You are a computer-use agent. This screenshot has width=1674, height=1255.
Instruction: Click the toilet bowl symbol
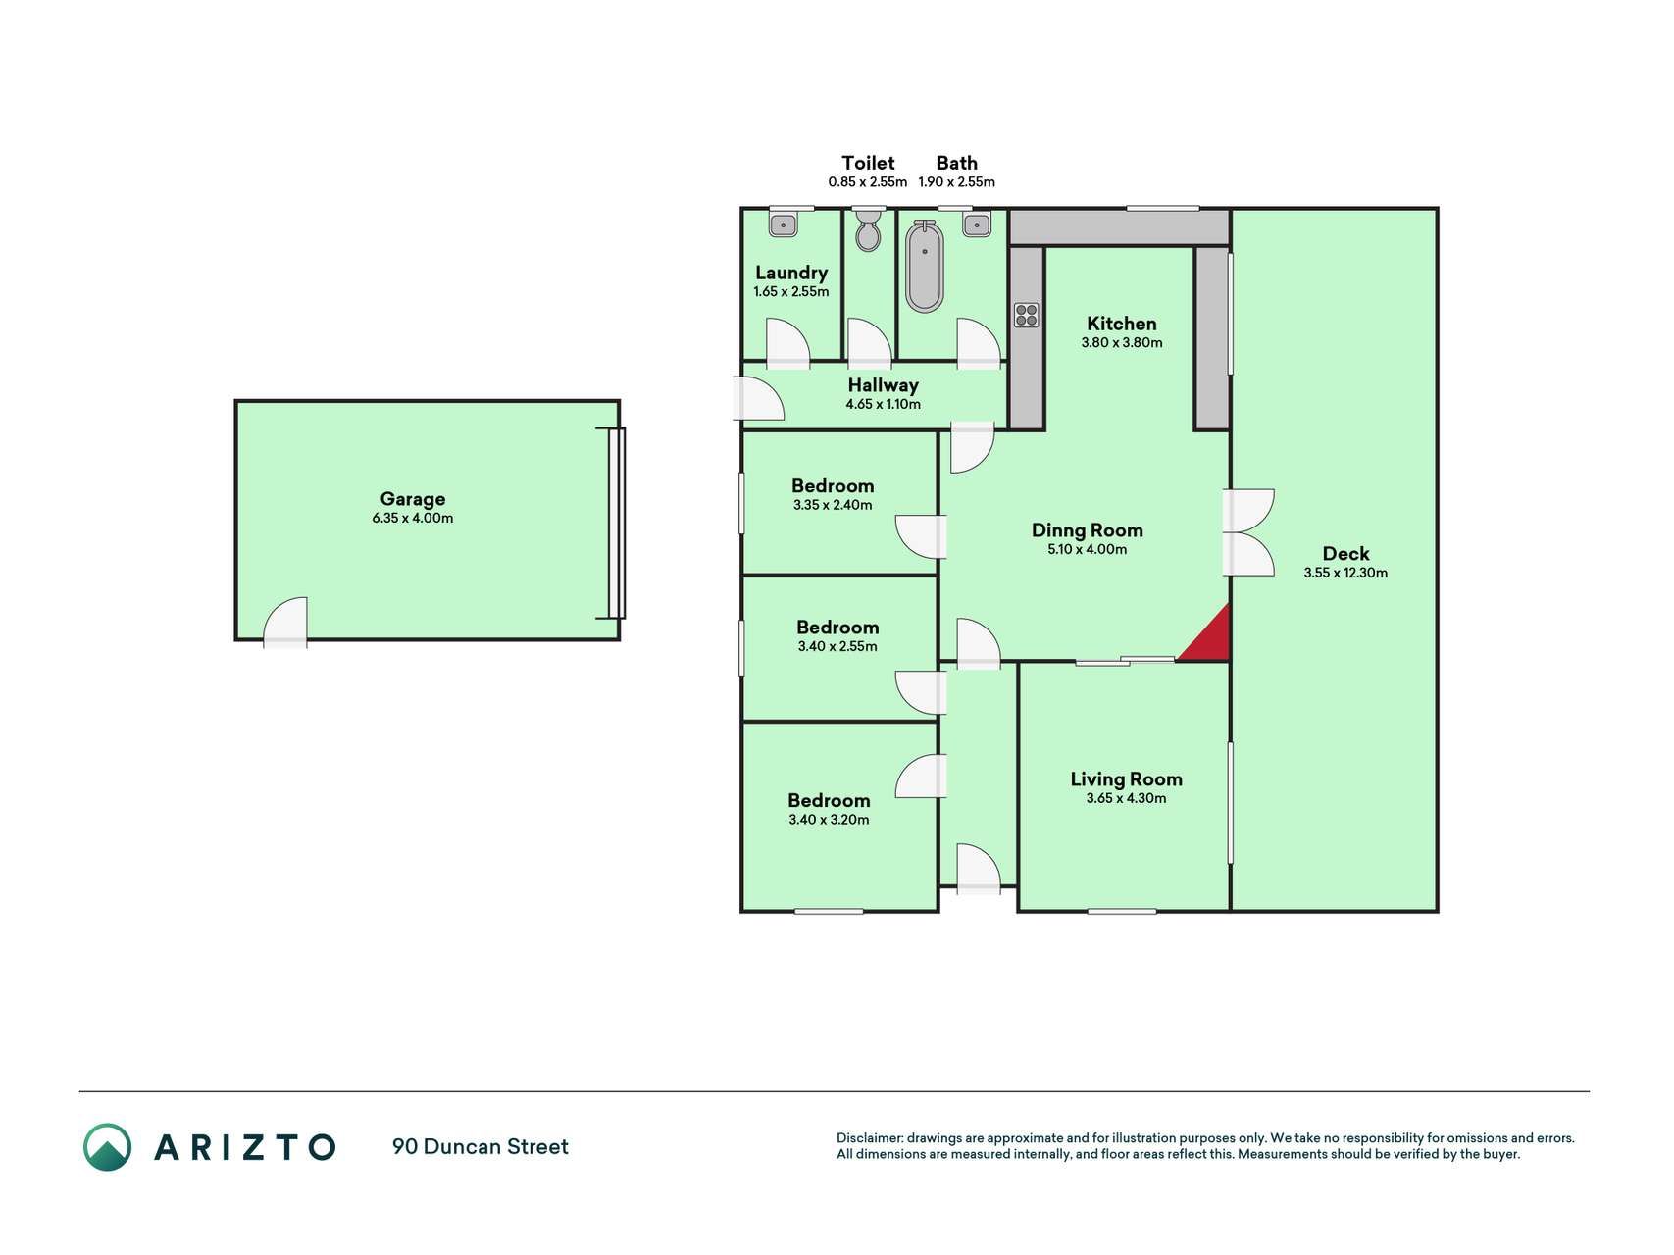(x=868, y=232)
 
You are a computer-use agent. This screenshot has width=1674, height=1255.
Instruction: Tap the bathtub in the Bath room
(x=923, y=267)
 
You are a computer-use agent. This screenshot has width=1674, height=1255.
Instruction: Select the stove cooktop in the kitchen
(x=1026, y=315)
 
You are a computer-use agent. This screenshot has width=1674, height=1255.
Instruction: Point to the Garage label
(x=413, y=499)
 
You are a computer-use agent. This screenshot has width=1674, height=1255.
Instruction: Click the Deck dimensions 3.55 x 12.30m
(x=1345, y=574)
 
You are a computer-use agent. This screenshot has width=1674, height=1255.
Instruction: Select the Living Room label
(x=1126, y=779)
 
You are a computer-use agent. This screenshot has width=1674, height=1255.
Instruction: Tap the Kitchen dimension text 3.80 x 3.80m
(x=1122, y=343)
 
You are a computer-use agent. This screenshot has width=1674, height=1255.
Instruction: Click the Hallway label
(x=883, y=385)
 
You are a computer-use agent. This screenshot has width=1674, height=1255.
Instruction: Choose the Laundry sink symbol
(x=784, y=226)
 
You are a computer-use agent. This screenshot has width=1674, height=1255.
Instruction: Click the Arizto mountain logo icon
(x=107, y=1146)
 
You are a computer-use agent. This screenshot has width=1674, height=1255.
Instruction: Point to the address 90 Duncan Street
(x=481, y=1146)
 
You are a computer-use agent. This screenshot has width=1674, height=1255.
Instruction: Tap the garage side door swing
(x=285, y=622)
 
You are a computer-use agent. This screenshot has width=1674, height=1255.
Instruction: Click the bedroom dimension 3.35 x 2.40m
(x=833, y=506)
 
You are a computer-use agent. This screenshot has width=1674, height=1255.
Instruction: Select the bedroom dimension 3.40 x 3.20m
(x=829, y=820)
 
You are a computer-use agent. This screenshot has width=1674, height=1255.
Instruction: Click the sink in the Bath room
(x=976, y=226)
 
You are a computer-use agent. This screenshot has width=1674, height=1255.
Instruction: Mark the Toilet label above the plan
(x=868, y=163)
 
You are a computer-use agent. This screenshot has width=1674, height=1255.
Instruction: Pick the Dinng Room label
(x=1088, y=530)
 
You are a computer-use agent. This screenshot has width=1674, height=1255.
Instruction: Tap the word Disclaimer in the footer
(x=869, y=1138)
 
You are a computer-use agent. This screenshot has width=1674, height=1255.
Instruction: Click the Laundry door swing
(x=787, y=343)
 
